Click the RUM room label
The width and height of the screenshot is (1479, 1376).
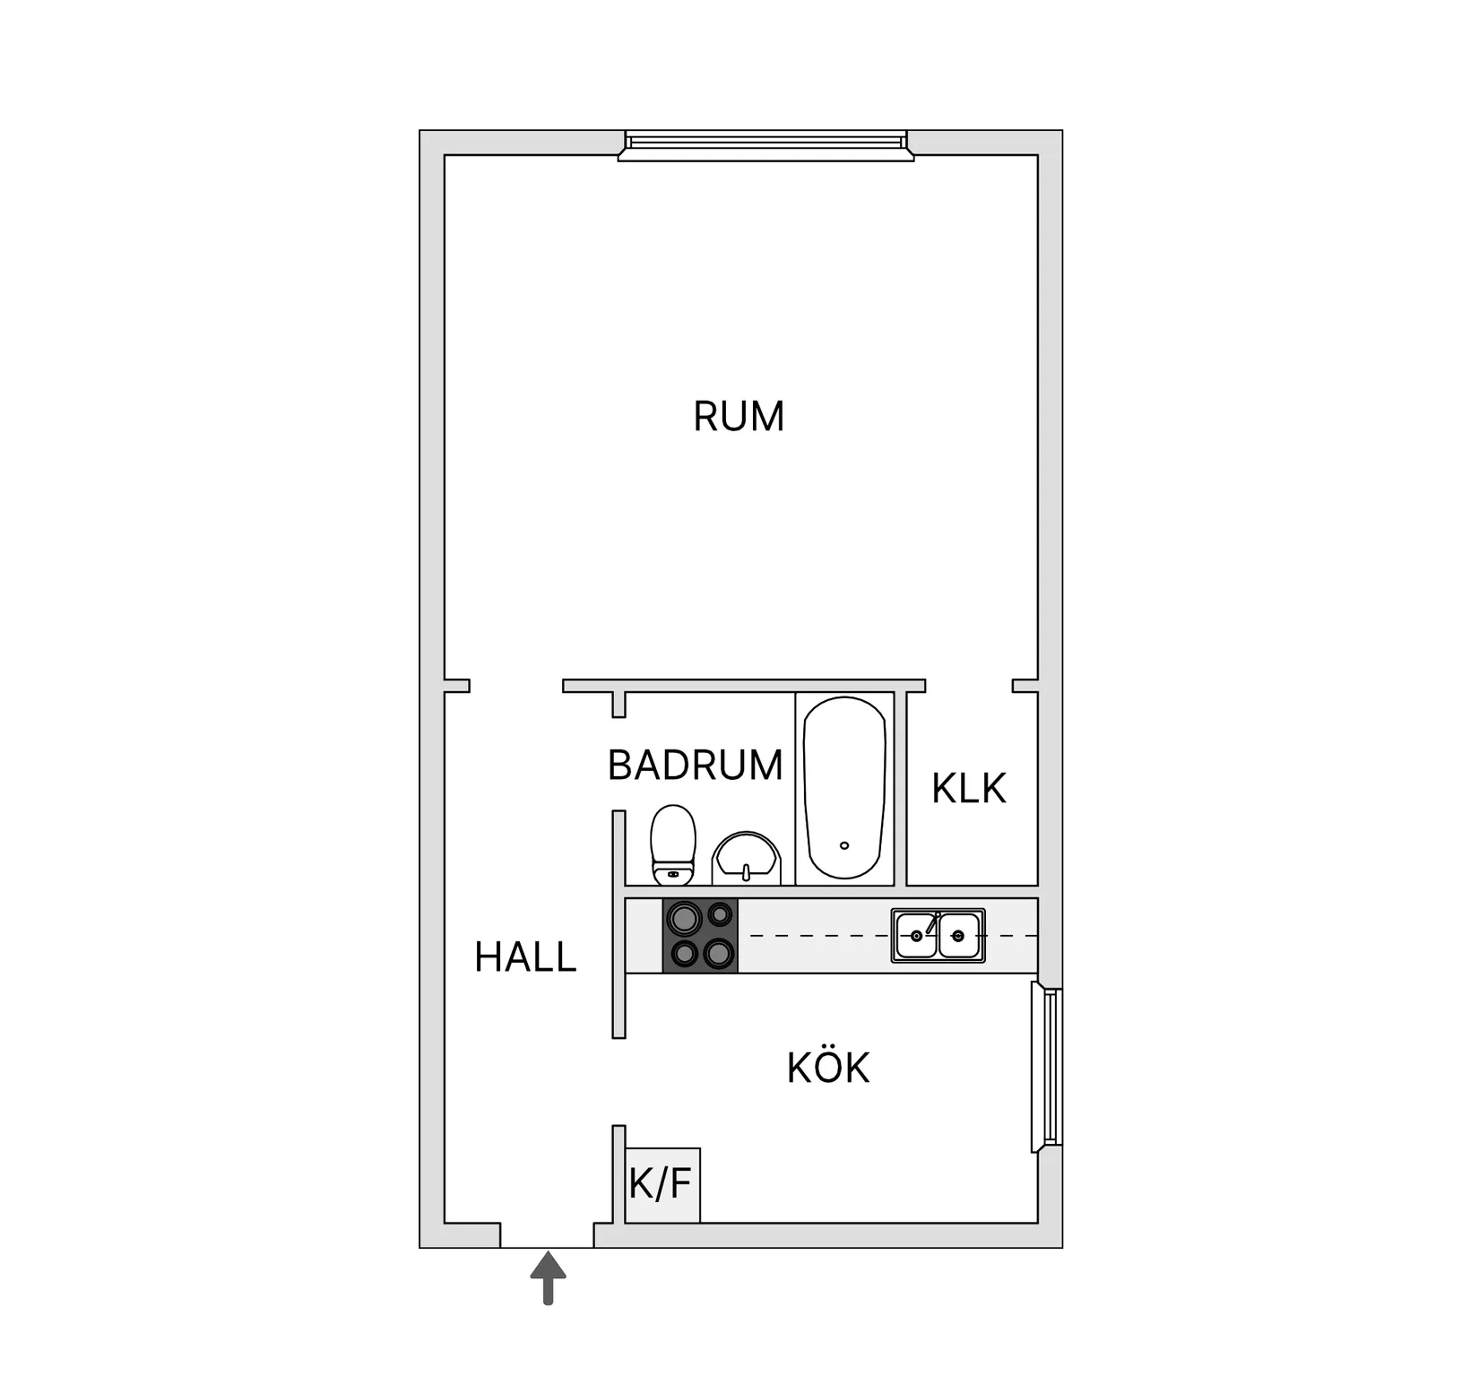click(739, 417)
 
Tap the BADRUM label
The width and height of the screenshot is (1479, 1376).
click(696, 766)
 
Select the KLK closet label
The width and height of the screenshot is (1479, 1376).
click(969, 789)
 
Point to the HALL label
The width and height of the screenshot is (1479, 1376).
click(525, 957)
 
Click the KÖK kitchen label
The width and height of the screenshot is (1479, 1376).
click(828, 1067)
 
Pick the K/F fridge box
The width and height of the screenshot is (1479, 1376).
click(662, 1185)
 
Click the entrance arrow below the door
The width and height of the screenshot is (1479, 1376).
click(548, 1278)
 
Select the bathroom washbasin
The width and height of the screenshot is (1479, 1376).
click(746, 859)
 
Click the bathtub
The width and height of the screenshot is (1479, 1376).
click(845, 788)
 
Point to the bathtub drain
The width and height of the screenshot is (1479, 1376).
click(843, 845)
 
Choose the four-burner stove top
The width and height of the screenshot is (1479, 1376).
click(700, 936)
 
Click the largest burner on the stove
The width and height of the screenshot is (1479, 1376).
click(686, 918)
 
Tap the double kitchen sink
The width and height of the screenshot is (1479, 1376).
click(938, 936)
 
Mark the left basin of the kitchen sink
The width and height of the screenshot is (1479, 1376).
click(916, 936)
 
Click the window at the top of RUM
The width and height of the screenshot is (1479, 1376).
click(766, 145)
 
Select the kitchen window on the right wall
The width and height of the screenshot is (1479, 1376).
click(1046, 1067)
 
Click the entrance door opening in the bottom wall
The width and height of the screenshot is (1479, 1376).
click(547, 1235)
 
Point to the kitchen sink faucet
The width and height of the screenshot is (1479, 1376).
click(932, 923)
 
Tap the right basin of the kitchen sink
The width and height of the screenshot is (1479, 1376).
click(959, 936)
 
